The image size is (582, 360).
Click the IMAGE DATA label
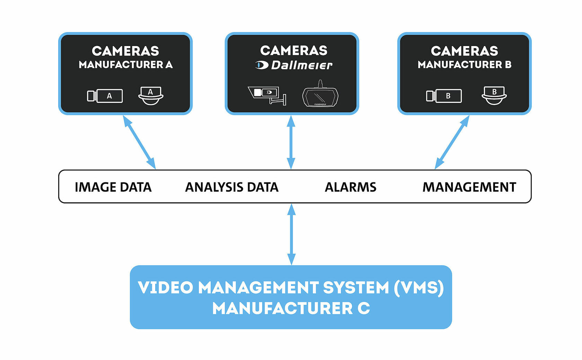(113, 187)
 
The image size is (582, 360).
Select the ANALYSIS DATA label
(232, 187)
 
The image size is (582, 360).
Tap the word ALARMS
(350, 187)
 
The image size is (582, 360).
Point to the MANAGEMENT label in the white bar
(469, 187)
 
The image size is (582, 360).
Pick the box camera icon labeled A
(105, 96)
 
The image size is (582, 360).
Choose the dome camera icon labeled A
(151, 96)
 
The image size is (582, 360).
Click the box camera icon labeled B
(444, 96)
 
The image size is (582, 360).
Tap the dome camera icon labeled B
(494, 95)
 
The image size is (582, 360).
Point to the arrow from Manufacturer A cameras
(139, 142)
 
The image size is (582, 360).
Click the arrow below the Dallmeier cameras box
(291, 142)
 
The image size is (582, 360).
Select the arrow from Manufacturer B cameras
(452, 142)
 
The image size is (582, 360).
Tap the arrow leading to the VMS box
(291, 234)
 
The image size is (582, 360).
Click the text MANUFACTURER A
(125, 65)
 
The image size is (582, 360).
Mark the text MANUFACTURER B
(464, 65)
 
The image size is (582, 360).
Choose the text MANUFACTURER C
(291, 308)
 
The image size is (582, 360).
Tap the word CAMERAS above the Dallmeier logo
(294, 51)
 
